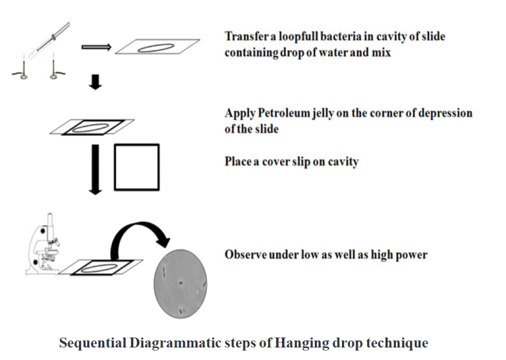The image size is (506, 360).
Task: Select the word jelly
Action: tap(337, 113)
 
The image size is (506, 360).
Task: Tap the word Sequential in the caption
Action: tap(90, 344)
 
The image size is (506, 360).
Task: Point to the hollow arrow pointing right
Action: tap(96, 47)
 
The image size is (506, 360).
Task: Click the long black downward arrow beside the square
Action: tap(96, 169)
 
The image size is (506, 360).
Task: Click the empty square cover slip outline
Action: tap(136, 167)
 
